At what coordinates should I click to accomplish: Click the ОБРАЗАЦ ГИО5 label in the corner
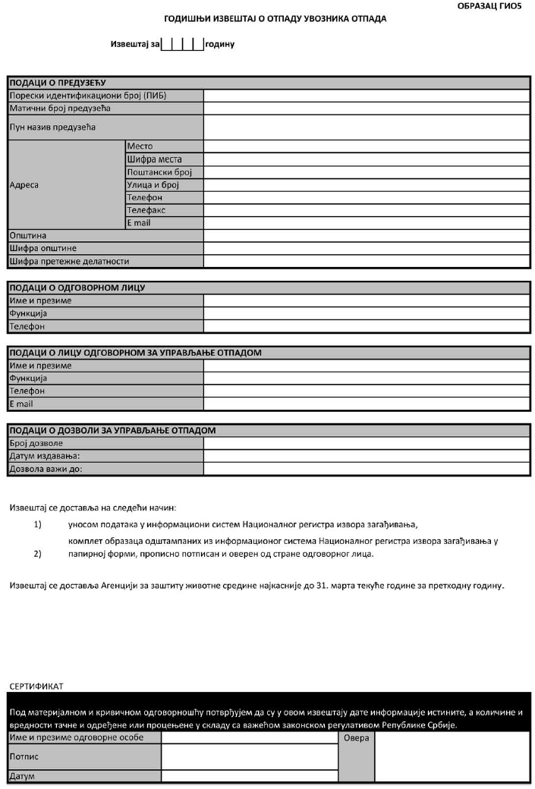pos(493,5)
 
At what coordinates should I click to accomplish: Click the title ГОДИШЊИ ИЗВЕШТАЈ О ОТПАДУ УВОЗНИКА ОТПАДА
pos(275,18)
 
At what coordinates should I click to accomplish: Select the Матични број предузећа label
pos(60,108)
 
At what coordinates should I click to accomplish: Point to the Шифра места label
pos(154,159)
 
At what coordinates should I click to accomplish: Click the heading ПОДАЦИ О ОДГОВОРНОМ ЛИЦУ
pos(77,288)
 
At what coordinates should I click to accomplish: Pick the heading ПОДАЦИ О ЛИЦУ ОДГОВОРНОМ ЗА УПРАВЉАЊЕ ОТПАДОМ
pos(135,353)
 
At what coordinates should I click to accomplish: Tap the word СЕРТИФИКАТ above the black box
pos(36,686)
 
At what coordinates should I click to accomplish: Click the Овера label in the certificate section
pos(356,738)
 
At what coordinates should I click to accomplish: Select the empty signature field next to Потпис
pos(249,756)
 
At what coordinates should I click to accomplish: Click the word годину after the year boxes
pos(220,45)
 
